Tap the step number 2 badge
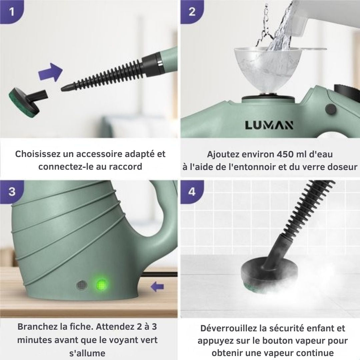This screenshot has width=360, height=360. pyautogui.click(x=192, y=12)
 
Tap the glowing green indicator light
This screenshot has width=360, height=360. pyautogui.click(x=102, y=285)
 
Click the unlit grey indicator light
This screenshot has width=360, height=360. pyautogui.click(x=82, y=285)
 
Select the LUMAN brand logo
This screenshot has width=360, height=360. pyautogui.click(x=269, y=125)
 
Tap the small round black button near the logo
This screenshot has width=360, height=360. pyautogui.click(x=331, y=109)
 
